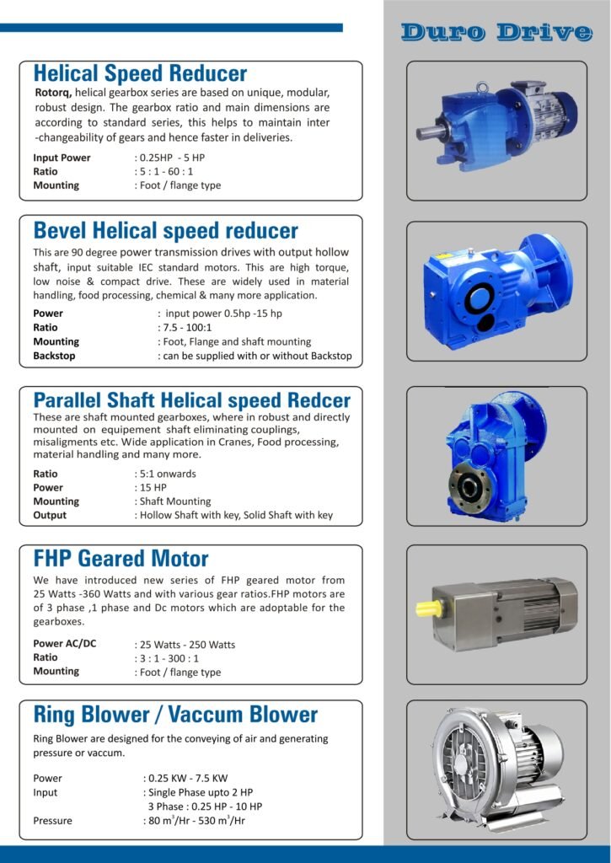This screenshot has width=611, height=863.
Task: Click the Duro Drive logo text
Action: (496, 32)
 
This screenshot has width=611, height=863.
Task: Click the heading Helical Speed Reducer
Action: (140, 73)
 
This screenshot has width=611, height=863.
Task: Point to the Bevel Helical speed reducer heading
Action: (166, 230)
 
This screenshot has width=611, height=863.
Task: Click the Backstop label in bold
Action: (54, 356)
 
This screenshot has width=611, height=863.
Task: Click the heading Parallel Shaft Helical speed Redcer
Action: (191, 399)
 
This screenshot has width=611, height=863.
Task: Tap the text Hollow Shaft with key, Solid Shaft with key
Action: (236, 515)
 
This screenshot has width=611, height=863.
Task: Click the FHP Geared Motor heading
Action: (121, 558)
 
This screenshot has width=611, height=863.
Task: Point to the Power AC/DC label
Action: (65, 644)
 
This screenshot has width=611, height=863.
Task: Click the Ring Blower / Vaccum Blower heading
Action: (175, 715)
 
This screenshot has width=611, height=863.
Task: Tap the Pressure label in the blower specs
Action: (52, 820)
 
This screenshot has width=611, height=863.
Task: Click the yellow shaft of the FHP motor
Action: (427, 607)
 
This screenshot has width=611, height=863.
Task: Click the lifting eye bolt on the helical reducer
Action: (483, 87)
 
